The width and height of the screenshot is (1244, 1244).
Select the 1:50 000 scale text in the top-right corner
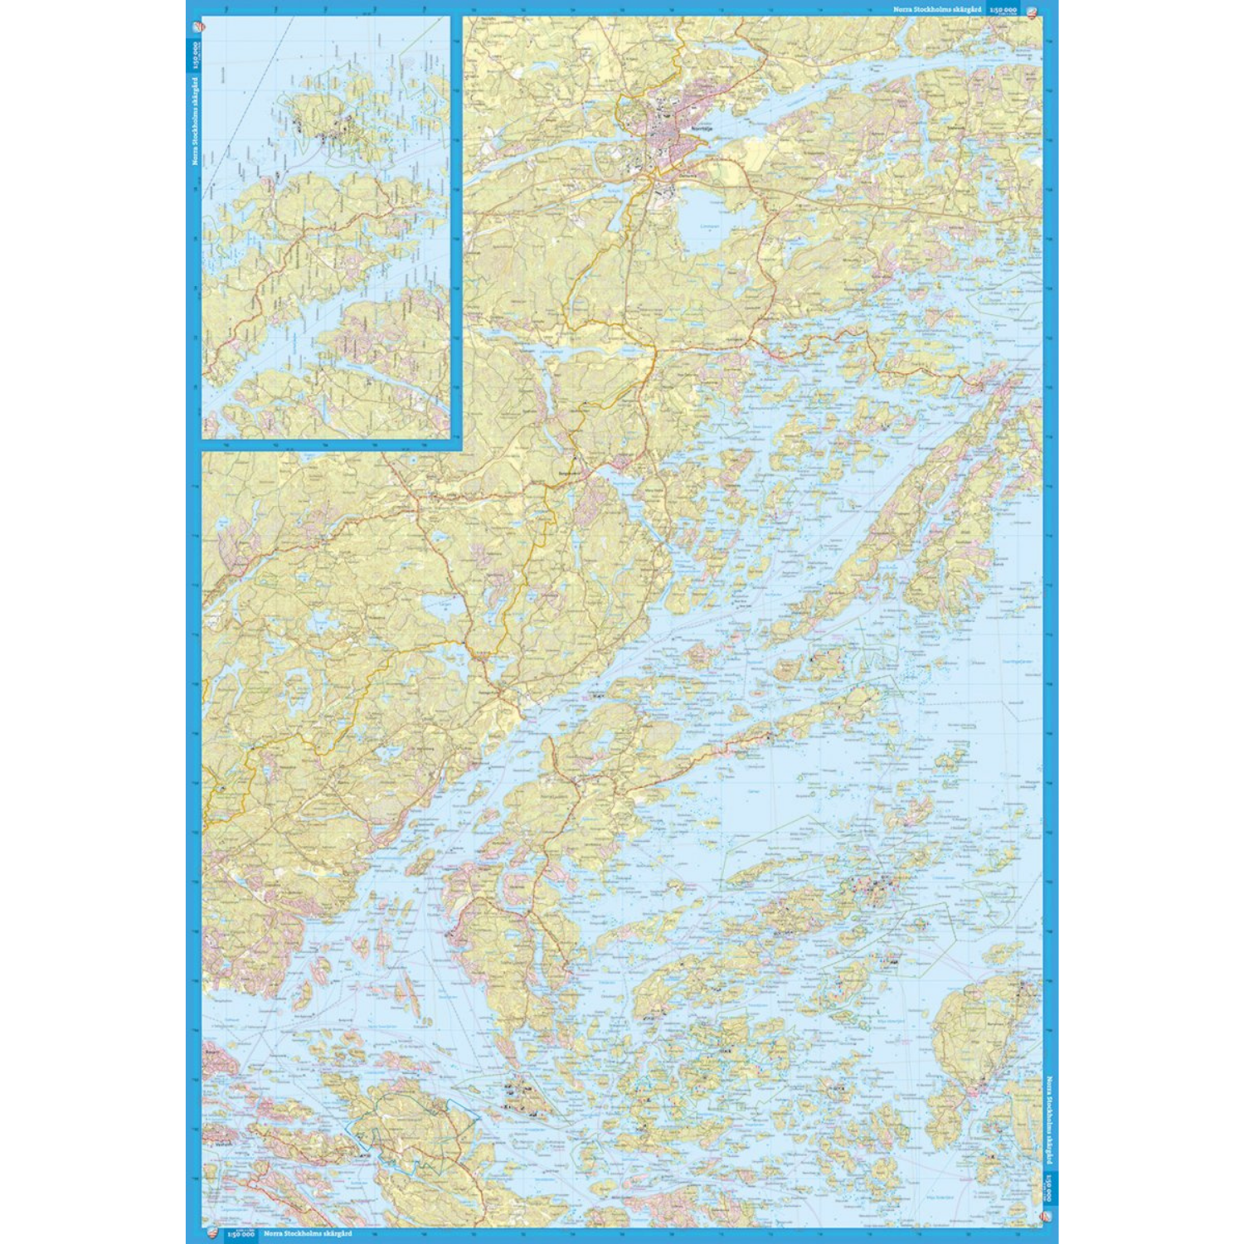pos(1003,9)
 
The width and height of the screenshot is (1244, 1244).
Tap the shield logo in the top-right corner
pos(1032,11)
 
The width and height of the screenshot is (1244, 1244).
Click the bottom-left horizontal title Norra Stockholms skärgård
pos(307,1234)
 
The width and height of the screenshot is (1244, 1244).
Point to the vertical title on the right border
pos(1049,1120)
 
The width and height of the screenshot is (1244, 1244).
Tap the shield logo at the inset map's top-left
pos(196,26)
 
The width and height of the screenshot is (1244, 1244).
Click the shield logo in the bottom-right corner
pos(1049,1215)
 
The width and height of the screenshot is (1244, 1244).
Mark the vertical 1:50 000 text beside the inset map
pos(196,56)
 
